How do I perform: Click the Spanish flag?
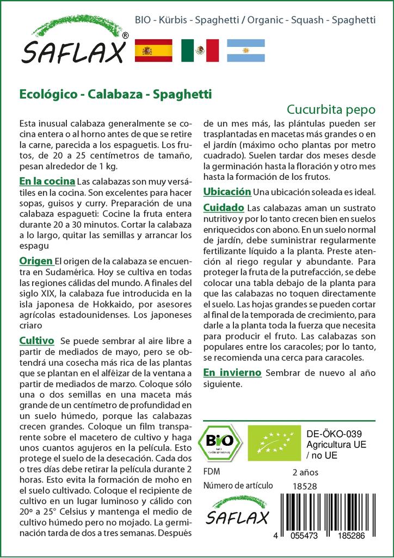click(153, 51)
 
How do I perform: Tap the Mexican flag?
click(200, 51)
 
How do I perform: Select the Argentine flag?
click(245, 51)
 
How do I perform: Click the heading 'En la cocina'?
click(47, 181)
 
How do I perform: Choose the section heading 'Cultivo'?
click(36, 341)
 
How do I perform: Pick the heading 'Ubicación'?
click(227, 192)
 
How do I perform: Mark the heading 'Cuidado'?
click(224, 208)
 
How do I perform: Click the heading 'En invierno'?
click(232, 373)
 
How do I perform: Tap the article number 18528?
click(305, 486)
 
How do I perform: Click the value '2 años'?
click(305, 472)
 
